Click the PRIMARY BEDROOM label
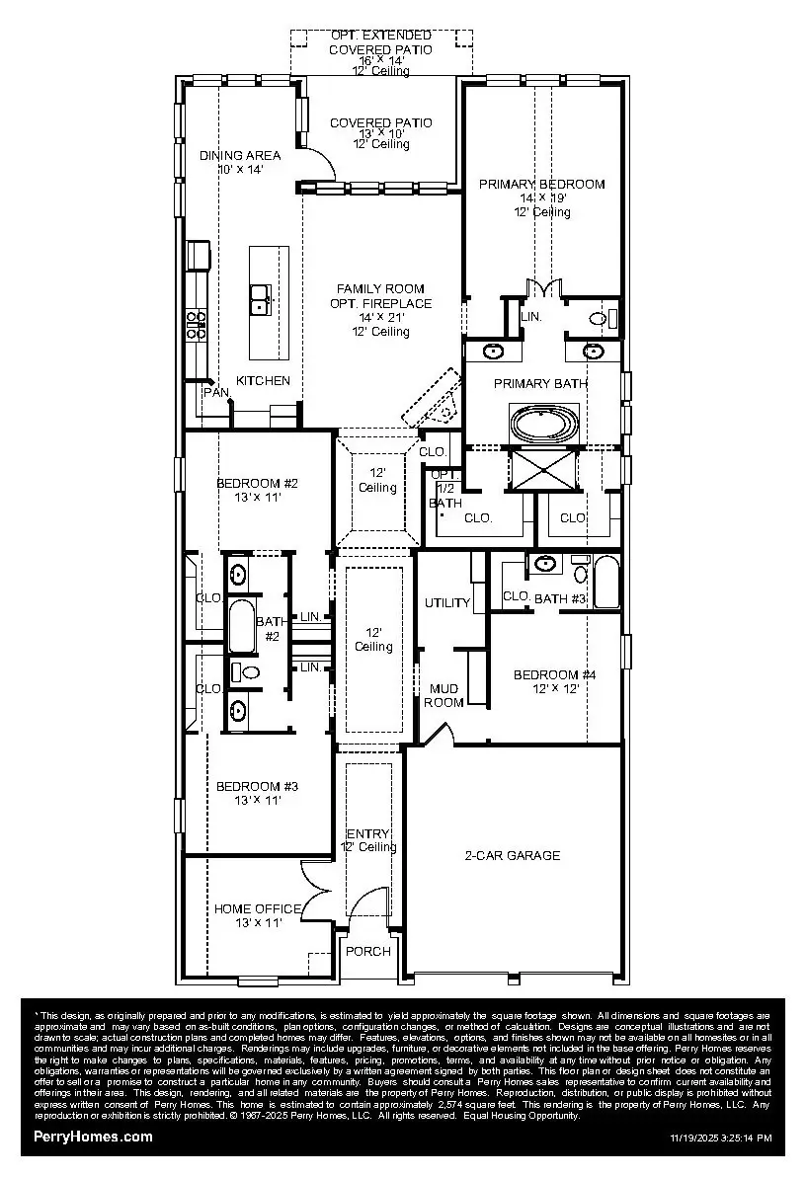(541, 185)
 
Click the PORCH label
(366, 952)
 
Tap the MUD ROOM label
(443, 695)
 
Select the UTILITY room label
(447, 603)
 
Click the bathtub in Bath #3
(605, 583)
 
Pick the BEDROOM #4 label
(554, 675)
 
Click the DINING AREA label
(240, 155)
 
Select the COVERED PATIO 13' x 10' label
(380, 123)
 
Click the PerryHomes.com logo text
(93, 1137)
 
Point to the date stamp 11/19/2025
(690, 1138)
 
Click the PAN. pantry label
(215, 393)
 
